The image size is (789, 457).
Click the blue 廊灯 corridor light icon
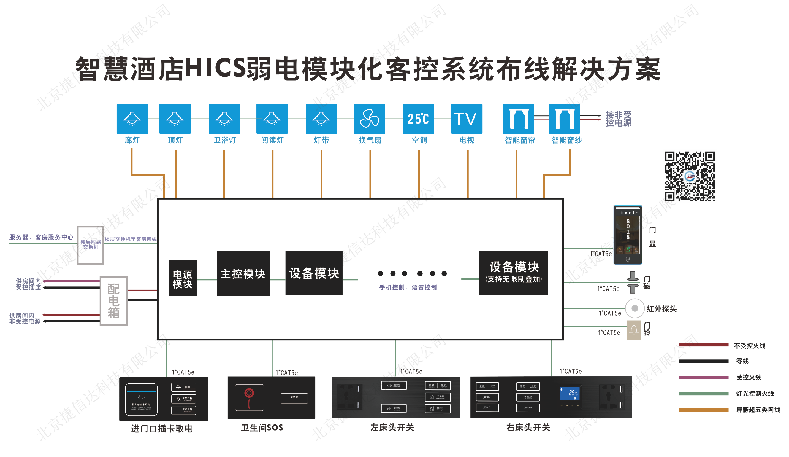132,119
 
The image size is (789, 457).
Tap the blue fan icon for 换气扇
369,119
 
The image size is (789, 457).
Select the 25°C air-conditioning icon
418,119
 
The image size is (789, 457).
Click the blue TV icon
467,119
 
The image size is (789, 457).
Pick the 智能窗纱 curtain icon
564,119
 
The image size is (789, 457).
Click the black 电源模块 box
183,278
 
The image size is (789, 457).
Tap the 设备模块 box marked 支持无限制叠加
513,273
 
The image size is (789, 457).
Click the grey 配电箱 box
113,301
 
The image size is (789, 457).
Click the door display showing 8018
627,235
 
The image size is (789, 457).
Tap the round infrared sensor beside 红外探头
635,308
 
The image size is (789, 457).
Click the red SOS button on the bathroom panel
249,393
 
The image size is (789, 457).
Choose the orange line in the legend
703,410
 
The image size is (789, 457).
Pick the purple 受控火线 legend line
703,377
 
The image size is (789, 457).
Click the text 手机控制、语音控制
408,287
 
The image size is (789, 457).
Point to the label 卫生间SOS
262,428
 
